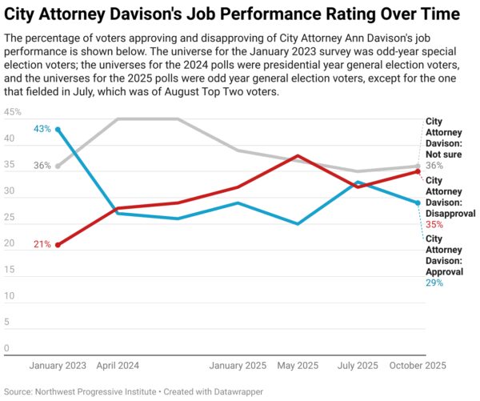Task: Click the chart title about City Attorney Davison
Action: [x=232, y=14]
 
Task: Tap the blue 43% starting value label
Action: [x=42, y=129]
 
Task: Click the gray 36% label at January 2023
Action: [x=42, y=166]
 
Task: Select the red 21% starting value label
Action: [x=42, y=244]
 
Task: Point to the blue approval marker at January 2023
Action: [x=58, y=129]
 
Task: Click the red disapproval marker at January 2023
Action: [x=58, y=244]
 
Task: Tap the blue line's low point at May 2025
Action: [x=298, y=224]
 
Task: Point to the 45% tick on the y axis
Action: [x=13, y=113]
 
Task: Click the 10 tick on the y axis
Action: [x=8, y=296]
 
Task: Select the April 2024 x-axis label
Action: [x=118, y=365]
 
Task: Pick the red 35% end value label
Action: [x=434, y=225]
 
